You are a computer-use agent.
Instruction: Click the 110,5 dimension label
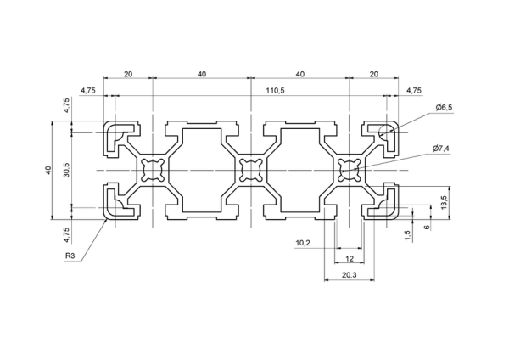275,90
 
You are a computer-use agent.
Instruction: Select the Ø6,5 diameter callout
444,108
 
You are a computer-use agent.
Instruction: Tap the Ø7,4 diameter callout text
441,149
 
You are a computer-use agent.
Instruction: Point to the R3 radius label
70,256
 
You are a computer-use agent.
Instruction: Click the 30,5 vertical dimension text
66,170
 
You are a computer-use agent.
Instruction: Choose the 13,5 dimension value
445,202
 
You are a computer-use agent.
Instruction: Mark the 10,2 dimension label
303,243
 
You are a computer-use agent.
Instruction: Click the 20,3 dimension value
349,275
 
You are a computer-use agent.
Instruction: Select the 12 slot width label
350,259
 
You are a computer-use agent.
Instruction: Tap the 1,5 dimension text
408,236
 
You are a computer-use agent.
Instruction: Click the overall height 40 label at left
48,170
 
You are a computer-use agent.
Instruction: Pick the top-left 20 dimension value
128,74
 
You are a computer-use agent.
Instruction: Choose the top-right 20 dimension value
374,74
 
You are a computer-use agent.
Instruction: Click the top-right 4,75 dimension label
414,90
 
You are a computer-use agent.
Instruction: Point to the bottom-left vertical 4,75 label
66,235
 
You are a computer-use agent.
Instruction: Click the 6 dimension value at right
427,227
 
